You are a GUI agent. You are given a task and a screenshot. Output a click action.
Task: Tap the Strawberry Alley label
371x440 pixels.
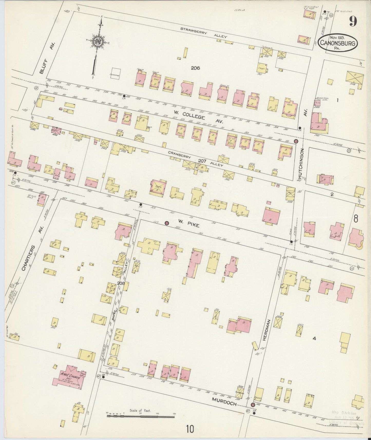point(204,33)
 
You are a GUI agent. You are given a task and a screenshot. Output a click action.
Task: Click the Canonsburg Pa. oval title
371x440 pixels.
point(338,43)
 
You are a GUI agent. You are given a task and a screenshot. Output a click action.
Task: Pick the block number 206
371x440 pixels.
point(195,68)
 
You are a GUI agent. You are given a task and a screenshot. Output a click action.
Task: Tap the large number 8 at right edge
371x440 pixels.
point(356,219)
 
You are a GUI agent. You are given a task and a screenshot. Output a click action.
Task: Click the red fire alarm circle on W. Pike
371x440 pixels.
point(166,223)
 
